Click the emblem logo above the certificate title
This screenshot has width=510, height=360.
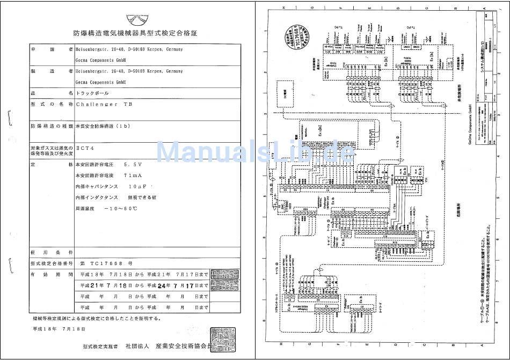point(136,18)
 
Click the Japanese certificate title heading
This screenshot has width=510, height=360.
point(135,33)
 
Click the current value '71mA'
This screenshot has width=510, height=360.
point(133,175)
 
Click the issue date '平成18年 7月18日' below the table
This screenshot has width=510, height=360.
point(59,328)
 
